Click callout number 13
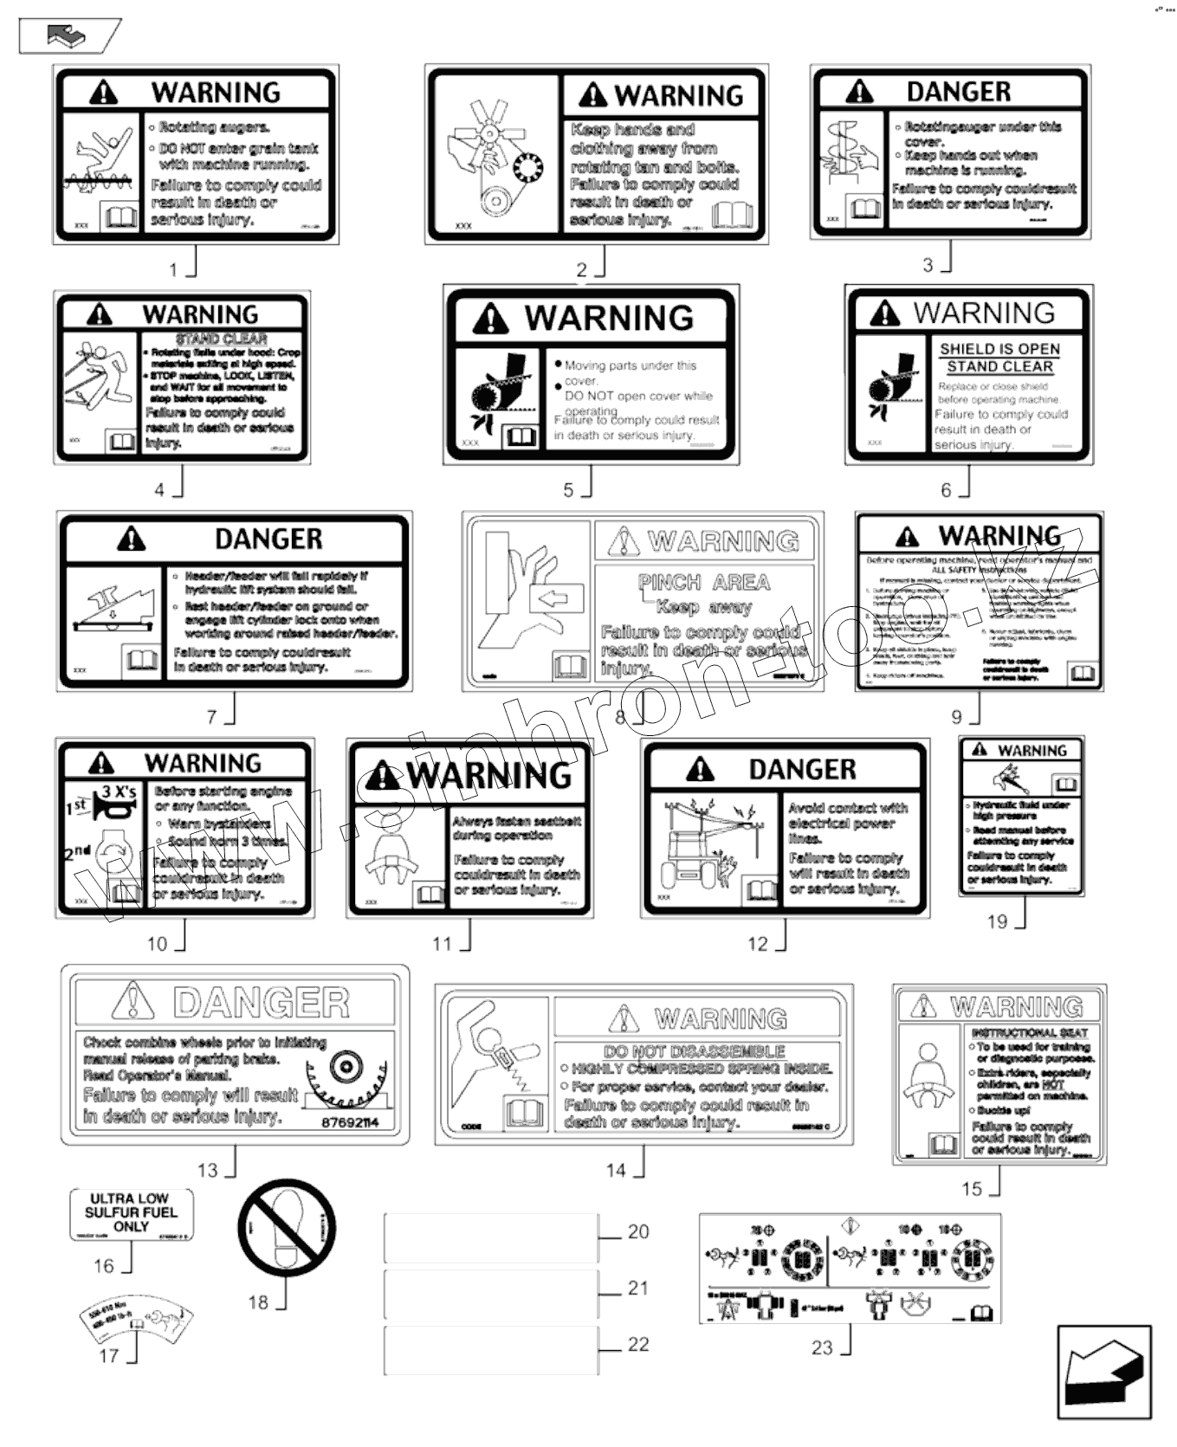tap(208, 1170)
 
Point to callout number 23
tap(822, 1347)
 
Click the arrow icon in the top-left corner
tap(69, 36)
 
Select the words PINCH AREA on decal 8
tap(703, 582)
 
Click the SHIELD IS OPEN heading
tap(999, 348)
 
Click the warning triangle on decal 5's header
tap(491, 320)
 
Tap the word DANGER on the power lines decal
tap(802, 769)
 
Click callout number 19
tap(997, 921)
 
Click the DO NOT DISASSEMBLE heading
tap(695, 1051)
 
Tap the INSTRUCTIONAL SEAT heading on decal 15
tap(1029, 1032)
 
